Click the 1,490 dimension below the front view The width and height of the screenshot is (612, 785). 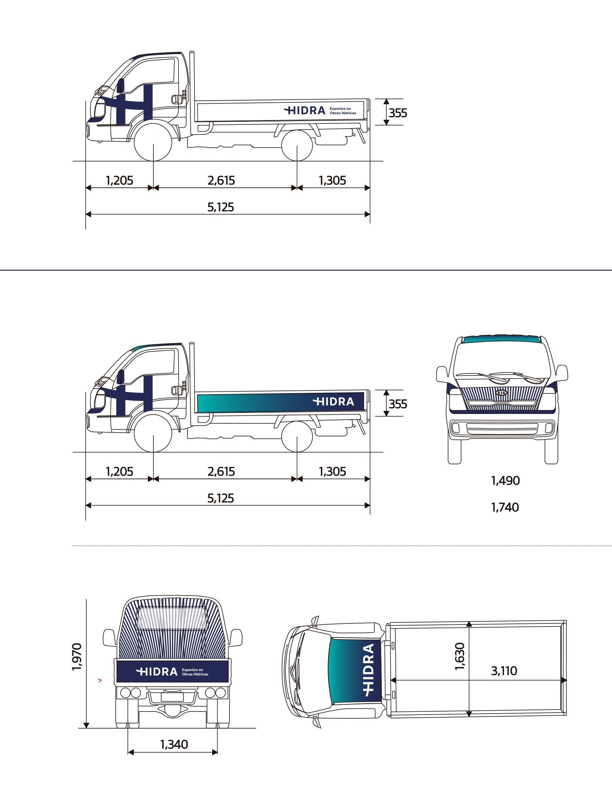pyautogui.click(x=505, y=481)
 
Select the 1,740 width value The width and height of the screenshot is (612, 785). pyautogui.click(x=505, y=507)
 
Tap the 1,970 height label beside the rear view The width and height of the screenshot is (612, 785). pyautogui.click(x=77, y=657)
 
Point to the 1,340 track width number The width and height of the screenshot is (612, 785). pyautogui.click(x=174, y=744)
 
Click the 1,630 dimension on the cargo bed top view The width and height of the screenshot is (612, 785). pyautogui.click(x=460, y=657)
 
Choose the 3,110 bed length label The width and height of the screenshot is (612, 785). pyautogui.click(x=504, y=671)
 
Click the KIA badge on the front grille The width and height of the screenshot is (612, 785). pyautogui.click(x=501, y=393)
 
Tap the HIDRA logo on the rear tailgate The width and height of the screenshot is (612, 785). pyautogui.click(x=157, y=672)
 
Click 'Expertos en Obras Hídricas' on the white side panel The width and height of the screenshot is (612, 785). pyautogui.click(x=343, y=111)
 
